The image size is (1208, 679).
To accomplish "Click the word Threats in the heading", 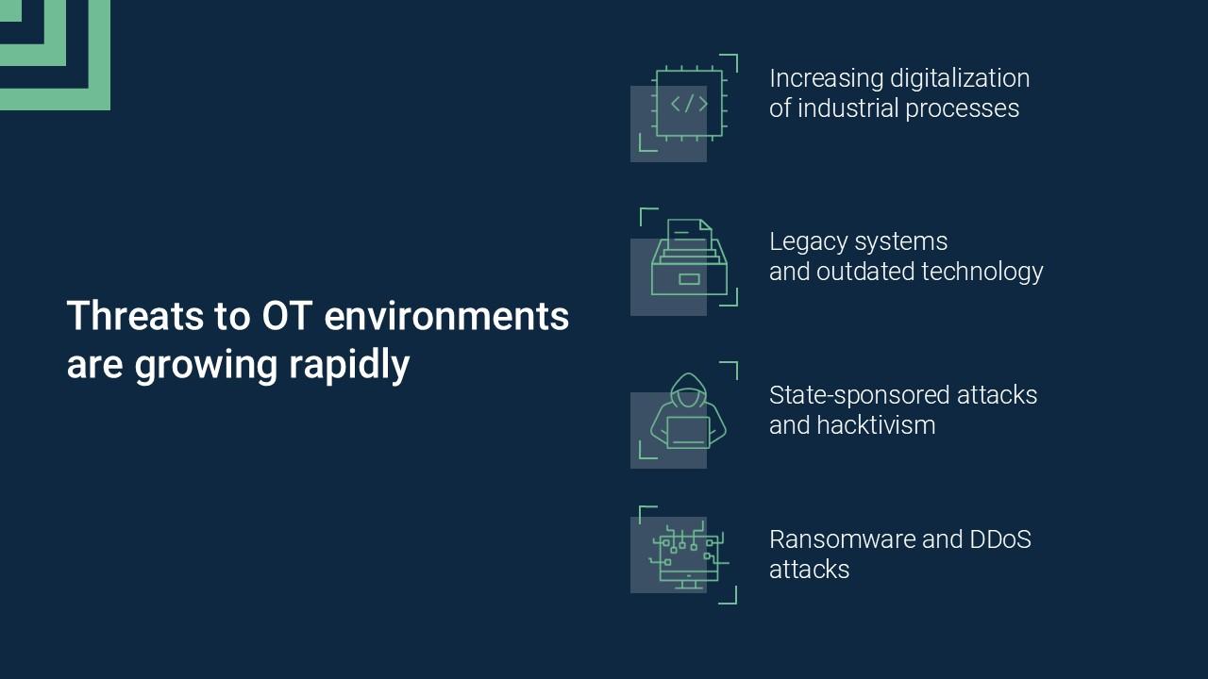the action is (135, 315).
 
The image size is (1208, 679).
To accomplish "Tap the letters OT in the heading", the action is (287, 315).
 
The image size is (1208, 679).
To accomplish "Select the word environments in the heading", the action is (446, 316).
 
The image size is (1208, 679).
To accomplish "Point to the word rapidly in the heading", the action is (349, 366).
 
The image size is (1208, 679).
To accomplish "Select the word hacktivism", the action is (876, 425).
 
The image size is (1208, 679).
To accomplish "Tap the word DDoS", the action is (1000, 539).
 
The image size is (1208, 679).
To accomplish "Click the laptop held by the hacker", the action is (688, 433).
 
